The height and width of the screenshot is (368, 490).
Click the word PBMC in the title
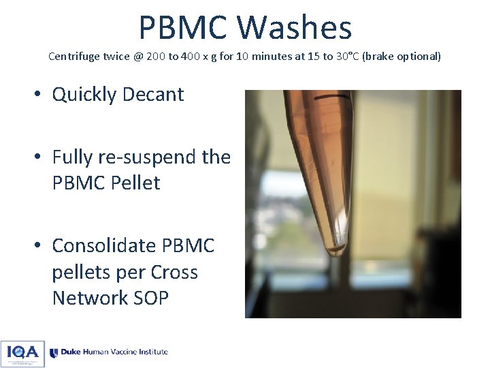coord(183,28)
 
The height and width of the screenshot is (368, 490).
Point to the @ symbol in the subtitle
coord(138,57)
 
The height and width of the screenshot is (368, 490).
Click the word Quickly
coord(83,94)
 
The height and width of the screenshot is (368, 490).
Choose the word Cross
coord(174,272)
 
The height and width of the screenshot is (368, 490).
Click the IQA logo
coord(22,353)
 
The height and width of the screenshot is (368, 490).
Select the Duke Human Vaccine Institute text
coord(114,352)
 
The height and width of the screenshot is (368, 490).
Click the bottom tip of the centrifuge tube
coord(336,252)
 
